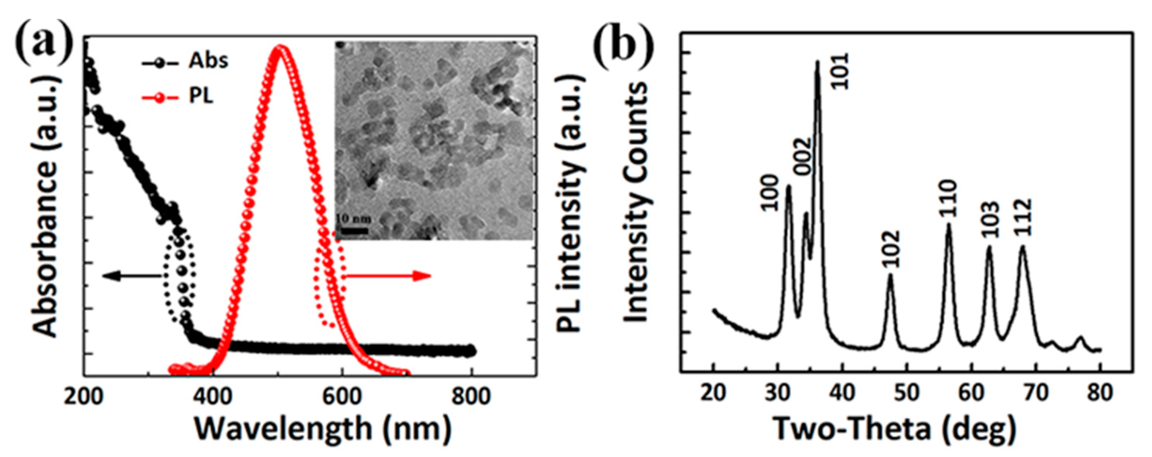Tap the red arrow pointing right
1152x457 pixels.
387,276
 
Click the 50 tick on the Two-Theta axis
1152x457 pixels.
906,394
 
